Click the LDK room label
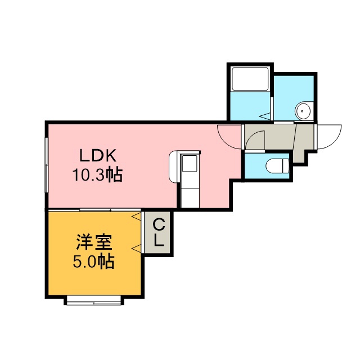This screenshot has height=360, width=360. (x=97, y=155)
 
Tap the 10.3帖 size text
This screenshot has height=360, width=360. (x=97, y=175)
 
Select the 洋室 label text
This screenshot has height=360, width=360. (x=94, y=242)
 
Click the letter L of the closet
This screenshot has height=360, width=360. (x=159, y=240)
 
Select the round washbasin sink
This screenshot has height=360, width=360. (x=303, y=111)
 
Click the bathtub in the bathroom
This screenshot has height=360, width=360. (x=250, y=79)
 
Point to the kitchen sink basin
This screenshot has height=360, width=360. (x=190, y=163)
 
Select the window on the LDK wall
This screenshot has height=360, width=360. (x=46, y=165)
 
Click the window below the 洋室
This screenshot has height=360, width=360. (x=94, y=300)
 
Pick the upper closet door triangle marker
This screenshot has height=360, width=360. (x=136, y=216)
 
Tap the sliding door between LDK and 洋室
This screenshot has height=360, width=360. (x=94, y=210)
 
